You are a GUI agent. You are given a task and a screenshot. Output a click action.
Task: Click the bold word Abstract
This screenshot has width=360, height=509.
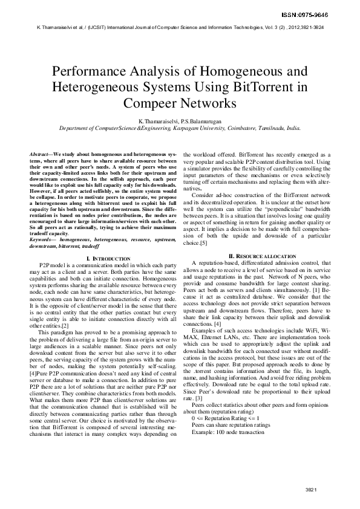coord(40,156)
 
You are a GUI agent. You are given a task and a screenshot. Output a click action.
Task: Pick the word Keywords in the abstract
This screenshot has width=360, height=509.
coord(41,241)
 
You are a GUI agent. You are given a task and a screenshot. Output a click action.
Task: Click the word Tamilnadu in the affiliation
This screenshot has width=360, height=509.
coord(272,129)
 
